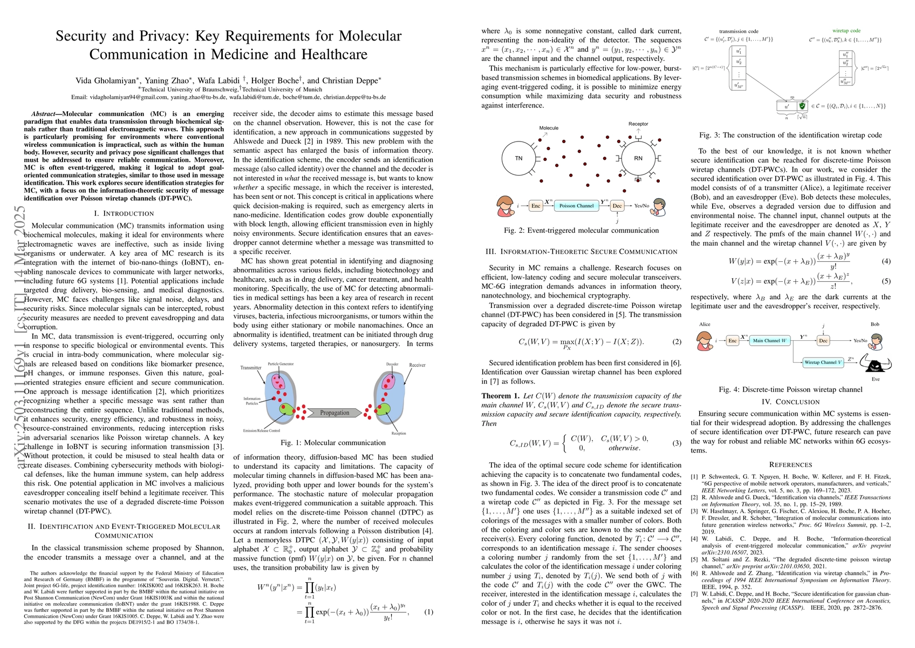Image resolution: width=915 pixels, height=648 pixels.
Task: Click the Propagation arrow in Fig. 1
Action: [x=334, y=413]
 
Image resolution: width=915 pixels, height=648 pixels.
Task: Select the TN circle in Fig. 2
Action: [x=518, y=159]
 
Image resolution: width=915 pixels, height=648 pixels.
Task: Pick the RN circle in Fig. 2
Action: [x=638, y=159]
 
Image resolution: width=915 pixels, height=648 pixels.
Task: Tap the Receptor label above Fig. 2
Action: [x=638, y=124]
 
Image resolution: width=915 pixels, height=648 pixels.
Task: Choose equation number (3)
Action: [x=677, y=443]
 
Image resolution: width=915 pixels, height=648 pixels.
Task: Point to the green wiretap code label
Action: [x=846, y=31]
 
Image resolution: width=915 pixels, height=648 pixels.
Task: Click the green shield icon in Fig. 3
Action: [x=802, y=106]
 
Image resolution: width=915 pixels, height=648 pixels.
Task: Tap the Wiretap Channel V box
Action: [x=823, y=362]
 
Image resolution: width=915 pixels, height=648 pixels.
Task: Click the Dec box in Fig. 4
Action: [x=823, y=341]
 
